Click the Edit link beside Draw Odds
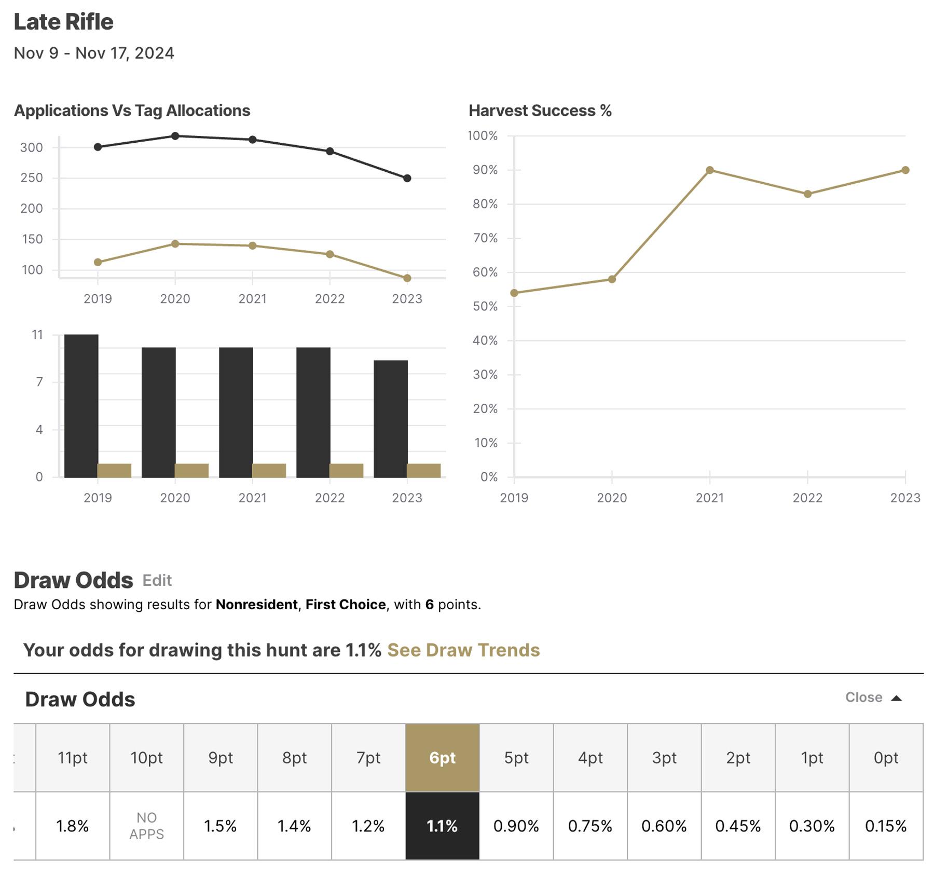click(157, 580)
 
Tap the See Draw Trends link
click(463, 650)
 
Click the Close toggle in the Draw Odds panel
click(873, 697)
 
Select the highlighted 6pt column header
click(442, 758)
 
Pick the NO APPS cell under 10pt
click(146, 826)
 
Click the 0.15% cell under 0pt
click(885, 826)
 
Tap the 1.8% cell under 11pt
click(72, 826)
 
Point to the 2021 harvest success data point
click(710, 170)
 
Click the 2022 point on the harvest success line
click(807, 194)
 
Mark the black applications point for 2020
click(175, 136)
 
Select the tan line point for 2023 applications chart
click(407, 278)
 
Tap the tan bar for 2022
click(346, 470)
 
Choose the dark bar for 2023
click(390, 418)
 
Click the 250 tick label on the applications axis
click(32, 178)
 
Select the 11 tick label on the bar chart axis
click(37, 335)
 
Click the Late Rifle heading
click(63, 22)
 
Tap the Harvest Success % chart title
click(540, 111)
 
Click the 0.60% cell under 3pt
click(664, 826)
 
